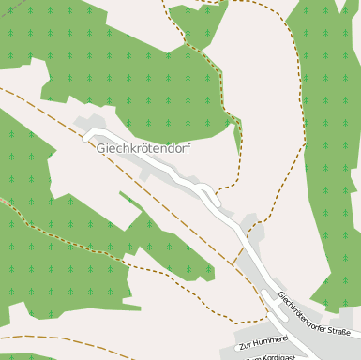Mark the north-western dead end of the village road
tap(86, 136)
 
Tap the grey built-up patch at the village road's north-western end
tap(92, 125)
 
